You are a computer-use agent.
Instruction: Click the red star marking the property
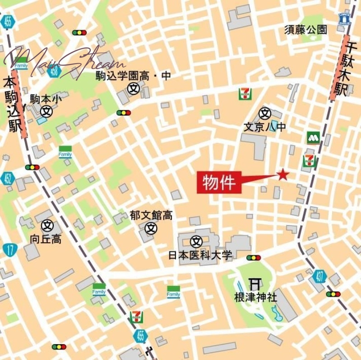pos(283,174)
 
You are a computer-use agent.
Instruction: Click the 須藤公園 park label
pos(305,30)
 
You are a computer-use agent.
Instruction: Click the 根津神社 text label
pos(255,297)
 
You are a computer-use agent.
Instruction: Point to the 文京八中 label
pos(265,127)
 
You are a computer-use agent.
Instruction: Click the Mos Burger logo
pos(314,138)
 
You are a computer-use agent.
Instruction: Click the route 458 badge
pos(55,70)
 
